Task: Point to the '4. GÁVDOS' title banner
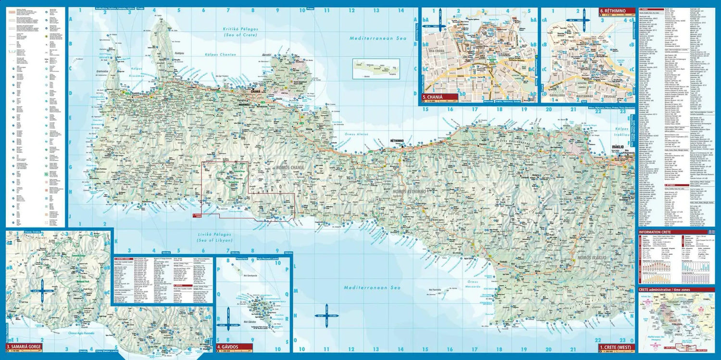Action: tap(234, 346)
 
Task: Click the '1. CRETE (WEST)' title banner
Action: tap(616, 347)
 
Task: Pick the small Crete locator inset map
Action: tap(376, 69)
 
